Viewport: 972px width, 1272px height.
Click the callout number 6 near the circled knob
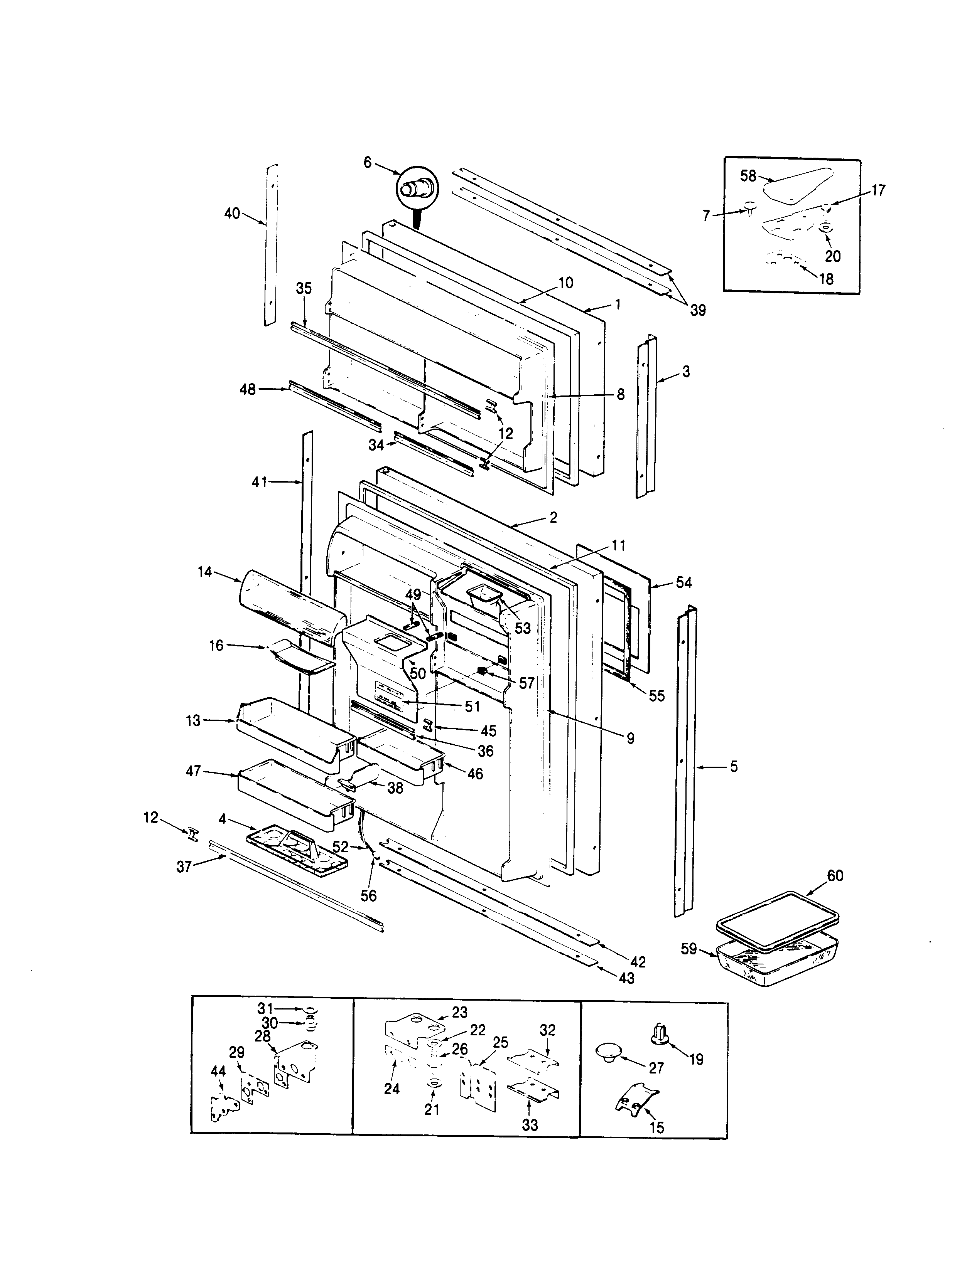tap(367, 163)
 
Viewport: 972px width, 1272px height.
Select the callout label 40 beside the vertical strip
tap(232, 214)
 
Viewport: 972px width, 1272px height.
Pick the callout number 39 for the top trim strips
tap(698, 311)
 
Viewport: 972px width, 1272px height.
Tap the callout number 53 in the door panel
tap(522, 628)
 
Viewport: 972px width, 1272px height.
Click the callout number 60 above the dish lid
tap(835, 875)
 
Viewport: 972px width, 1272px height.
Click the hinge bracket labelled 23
tap(414, 1031)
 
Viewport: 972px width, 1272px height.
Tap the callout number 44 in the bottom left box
tap(218, 1071)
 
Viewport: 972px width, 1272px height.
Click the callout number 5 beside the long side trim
tap(734, 767)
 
